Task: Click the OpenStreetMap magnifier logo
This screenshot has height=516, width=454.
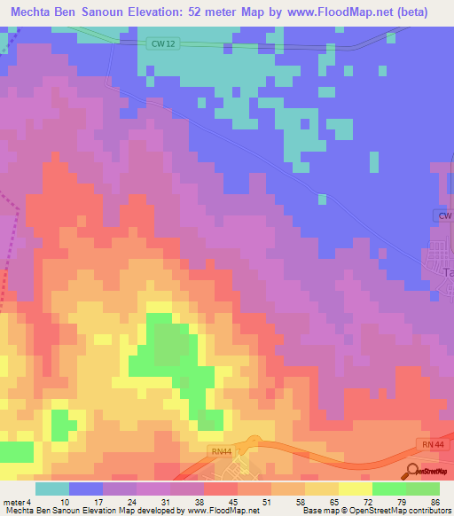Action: (x=411, y=471)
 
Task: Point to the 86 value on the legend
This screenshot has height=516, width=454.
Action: (x=434, y=502)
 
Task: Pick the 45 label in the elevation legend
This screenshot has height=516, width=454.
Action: (x=233, y=502)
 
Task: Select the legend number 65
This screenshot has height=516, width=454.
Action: (x=333, y=502)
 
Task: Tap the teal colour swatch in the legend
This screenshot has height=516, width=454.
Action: (x=52, y=489)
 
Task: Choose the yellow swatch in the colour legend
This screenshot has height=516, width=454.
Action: (x=322, y=489)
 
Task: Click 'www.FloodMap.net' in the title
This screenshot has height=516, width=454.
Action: (x=338, y=12)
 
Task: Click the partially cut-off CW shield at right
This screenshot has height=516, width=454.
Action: (x=444, y=215)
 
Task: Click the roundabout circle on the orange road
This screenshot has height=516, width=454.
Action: (x=254, y=442)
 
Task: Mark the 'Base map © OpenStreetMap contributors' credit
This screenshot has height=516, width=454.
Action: (x=375, y=511)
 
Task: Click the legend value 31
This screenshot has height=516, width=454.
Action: (x=166, y=502)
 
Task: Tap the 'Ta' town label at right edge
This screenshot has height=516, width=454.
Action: (x=447, y=274)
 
